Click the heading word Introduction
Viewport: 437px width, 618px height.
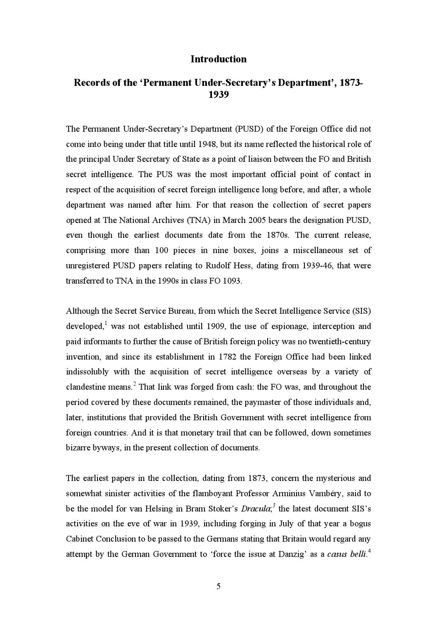(x=218, y=59)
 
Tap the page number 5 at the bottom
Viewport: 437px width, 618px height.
(x=218, y=586)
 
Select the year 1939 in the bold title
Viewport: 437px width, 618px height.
(x=218, y=95)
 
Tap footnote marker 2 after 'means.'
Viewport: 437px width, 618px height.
(x=135, y=384)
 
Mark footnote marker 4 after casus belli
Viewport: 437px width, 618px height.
(x=369, y=552)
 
